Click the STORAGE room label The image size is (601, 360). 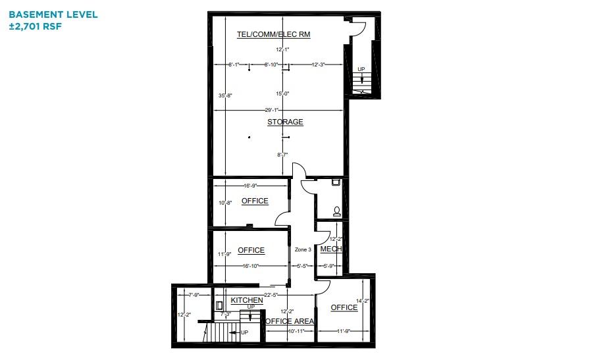click(285, 122)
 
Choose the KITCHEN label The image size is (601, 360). click(247, 300)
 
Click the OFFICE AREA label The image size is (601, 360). click(290, 321)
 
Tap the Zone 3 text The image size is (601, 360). click(303, 249)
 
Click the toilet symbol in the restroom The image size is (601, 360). click(337, 211)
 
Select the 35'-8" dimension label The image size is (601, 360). click(225, 95)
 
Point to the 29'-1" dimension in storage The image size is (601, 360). click(271, 110)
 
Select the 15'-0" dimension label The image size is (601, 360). click(283, 94)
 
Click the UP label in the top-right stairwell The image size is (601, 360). click(361, 69)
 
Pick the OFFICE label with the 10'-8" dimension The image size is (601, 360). click(255, 201)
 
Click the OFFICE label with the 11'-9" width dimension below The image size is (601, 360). click(344, 307)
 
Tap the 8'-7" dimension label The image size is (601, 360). click(283, 155)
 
